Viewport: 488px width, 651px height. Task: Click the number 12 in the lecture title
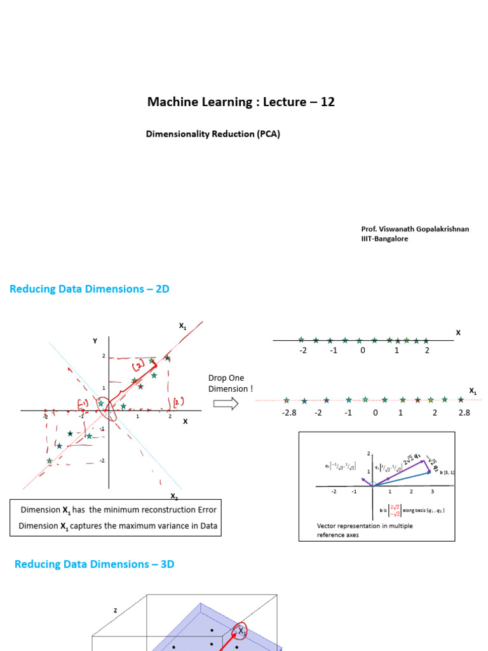coord(327,102)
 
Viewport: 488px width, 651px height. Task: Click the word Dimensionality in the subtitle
coord(176,134)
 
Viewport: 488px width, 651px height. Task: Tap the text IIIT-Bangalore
coord(384,238)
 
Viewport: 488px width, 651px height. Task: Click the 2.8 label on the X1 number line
coord(464,413)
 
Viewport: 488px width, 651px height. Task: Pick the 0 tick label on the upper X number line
coord(363,350)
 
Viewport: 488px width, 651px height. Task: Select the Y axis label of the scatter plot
coord(95,341)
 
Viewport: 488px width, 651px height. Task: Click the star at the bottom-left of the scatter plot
coord(50,461)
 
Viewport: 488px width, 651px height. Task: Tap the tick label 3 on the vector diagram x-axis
coord(432,491)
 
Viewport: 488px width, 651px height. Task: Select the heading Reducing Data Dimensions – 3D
coord(94,564)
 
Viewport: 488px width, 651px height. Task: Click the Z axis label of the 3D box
coord(116,610)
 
